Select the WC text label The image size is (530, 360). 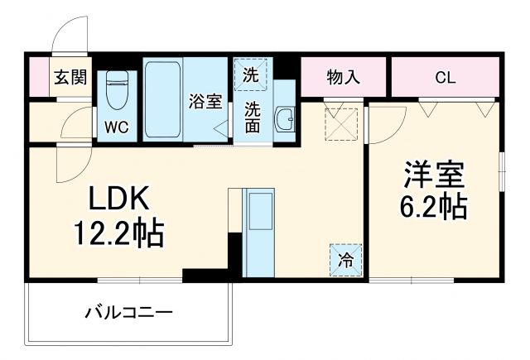115,128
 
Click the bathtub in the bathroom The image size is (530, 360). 162,100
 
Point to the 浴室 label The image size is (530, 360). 205,103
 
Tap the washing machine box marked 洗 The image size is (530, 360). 250,74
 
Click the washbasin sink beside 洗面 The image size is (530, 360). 285,118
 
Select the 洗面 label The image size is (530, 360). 252,117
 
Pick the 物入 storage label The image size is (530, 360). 343,78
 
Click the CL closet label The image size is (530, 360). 445,78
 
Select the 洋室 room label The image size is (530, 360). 434,176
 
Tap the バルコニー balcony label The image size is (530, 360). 128,314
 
